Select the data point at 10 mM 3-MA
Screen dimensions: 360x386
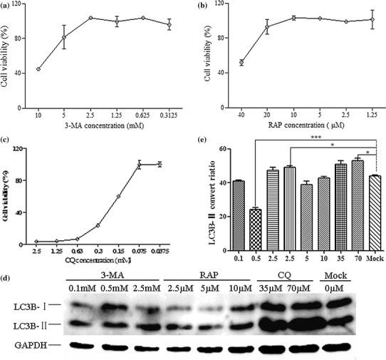click(38, 69)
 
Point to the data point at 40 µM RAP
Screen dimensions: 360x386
click(241, 63)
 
